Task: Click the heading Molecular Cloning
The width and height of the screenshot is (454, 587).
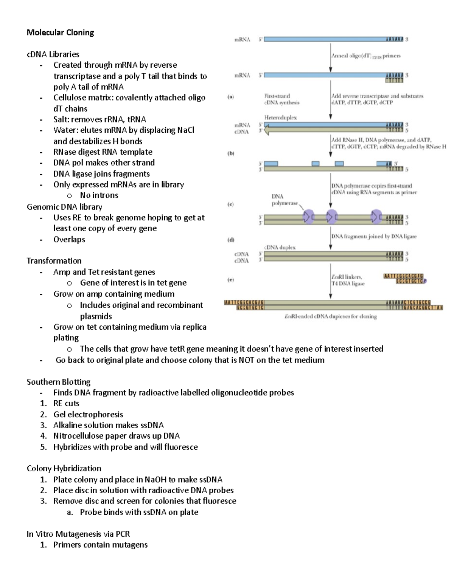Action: pos(60,33)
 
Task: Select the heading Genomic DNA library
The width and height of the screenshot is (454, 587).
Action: pos(64,207)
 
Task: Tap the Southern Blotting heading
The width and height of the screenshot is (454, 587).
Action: pos(58,382)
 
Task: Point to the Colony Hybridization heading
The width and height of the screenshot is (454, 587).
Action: pos(64,468)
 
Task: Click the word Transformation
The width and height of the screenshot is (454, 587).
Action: pos(54,261)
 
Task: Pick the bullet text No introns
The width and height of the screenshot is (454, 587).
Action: pos(99,195)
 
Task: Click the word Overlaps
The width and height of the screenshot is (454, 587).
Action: pos(69,239)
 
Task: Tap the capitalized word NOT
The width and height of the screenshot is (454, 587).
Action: pos(246,360)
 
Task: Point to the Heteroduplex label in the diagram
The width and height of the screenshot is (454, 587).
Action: pos(280,118)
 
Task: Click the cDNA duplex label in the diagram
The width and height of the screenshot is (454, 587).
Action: pos(280,247)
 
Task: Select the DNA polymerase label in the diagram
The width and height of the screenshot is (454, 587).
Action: pos(285,200)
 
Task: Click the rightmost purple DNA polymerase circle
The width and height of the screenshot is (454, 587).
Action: pos(376,217)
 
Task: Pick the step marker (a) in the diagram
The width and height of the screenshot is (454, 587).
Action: pos(230,97)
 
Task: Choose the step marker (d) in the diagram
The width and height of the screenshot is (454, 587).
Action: pos(230,240)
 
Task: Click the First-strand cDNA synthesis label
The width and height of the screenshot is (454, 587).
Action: pos(281,99)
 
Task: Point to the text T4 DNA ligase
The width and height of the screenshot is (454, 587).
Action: pos(348,283)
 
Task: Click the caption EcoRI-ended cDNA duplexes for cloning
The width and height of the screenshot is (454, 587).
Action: pos(330,316)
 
